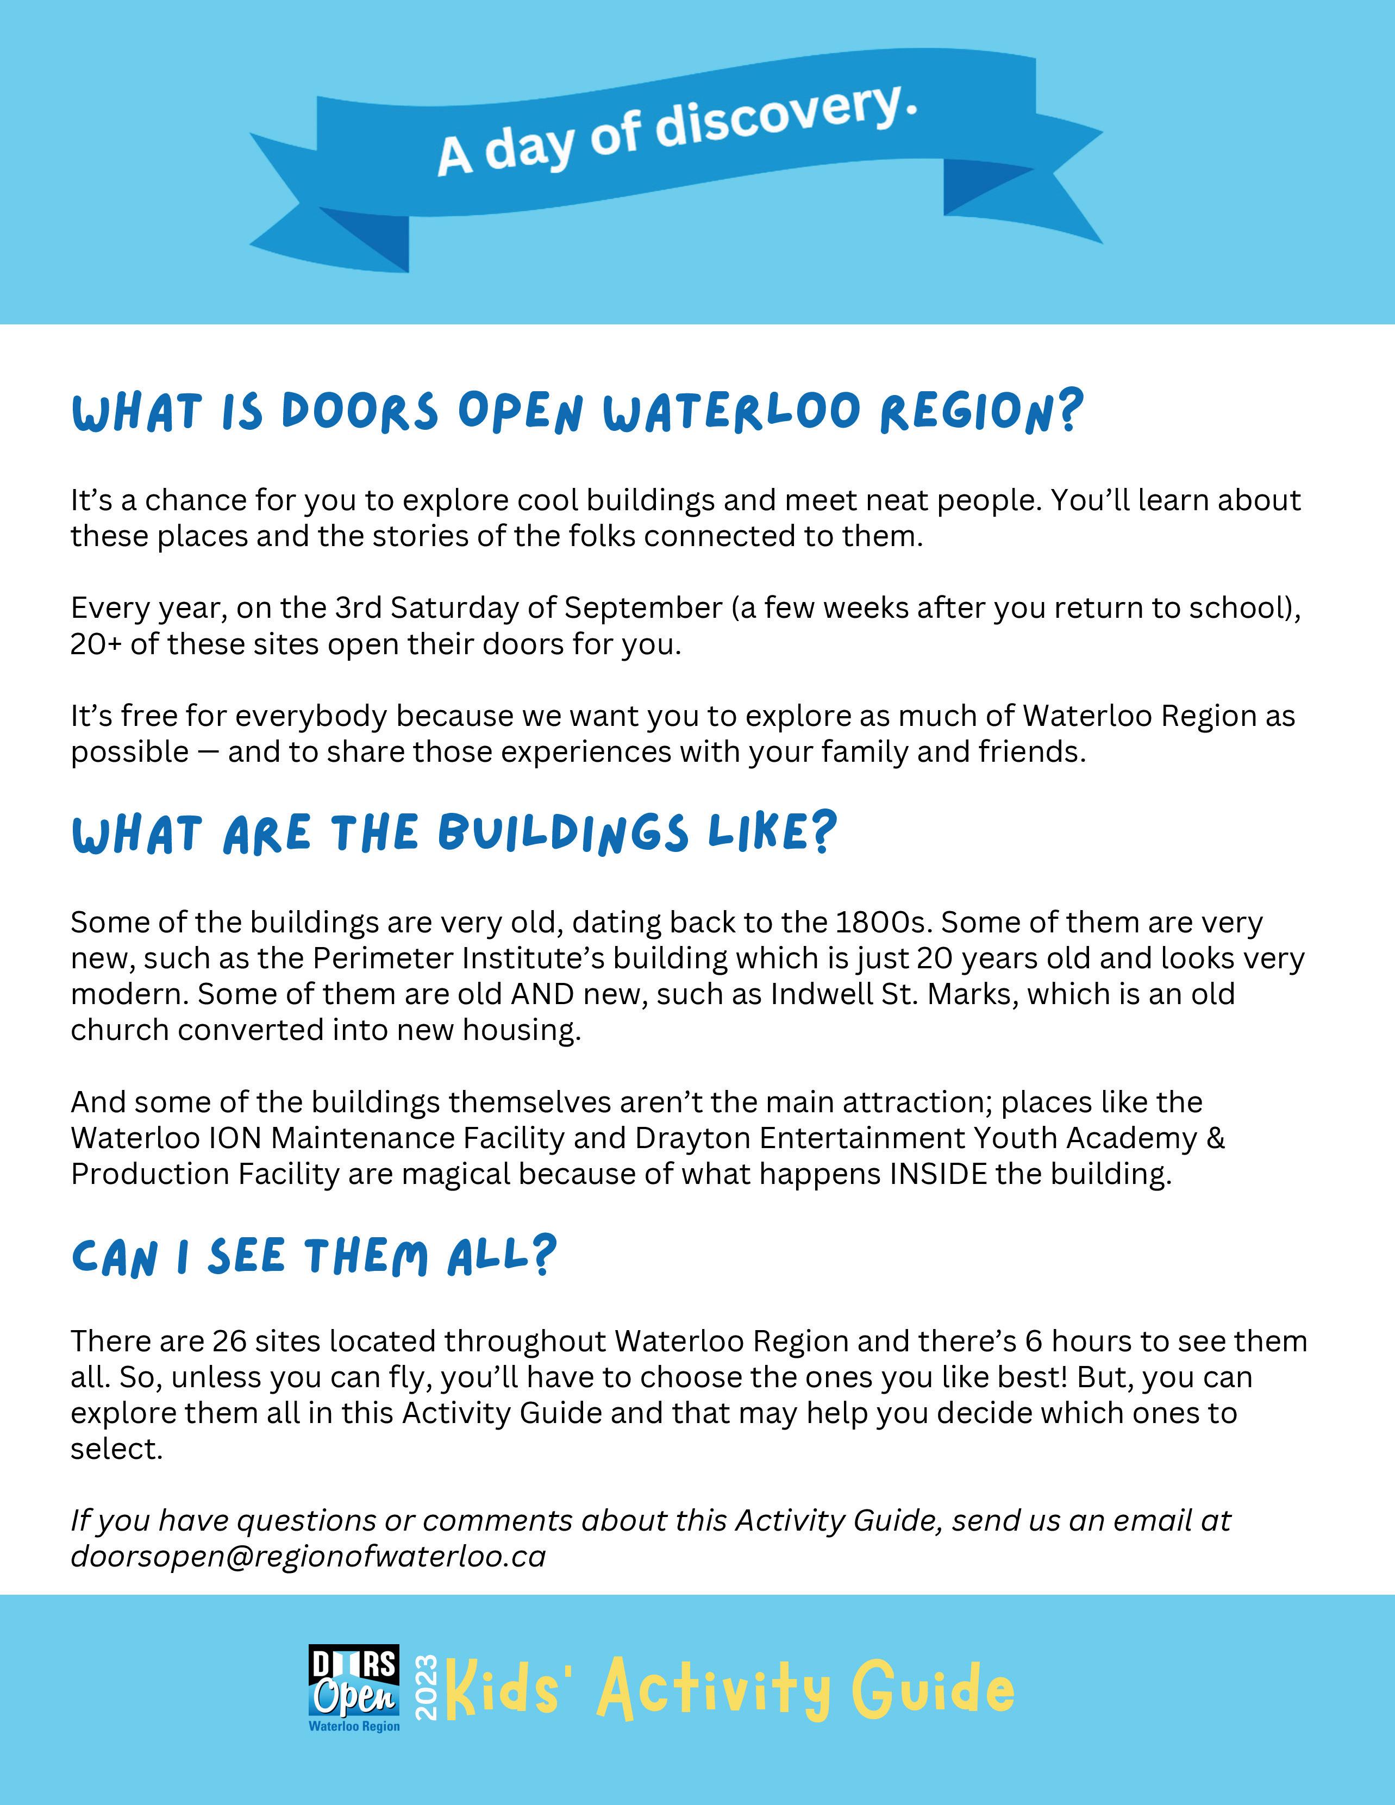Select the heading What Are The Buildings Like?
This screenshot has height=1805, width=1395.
(454, 834)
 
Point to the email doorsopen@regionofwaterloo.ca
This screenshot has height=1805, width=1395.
(308, 1556)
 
